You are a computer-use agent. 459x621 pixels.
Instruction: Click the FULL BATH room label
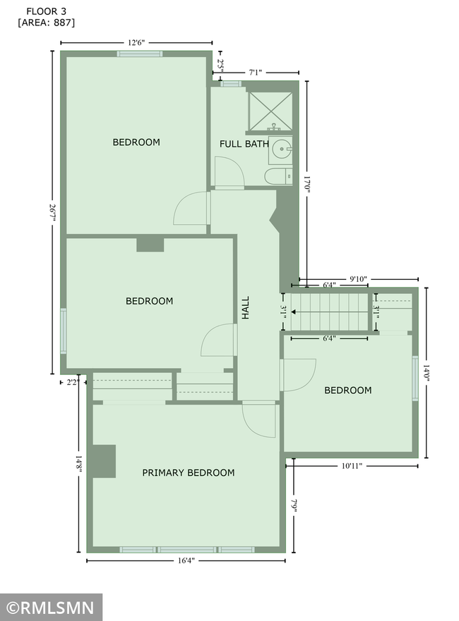244,144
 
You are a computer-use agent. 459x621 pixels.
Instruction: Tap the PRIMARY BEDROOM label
189,472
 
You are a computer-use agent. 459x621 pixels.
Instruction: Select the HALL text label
246,308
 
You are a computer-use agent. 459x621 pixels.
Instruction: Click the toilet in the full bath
278,176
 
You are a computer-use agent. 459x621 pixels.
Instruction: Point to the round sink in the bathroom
281,149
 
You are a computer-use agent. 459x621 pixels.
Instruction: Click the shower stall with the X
270,111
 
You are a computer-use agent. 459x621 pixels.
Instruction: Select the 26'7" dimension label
52,213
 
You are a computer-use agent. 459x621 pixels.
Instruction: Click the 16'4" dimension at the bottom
186,560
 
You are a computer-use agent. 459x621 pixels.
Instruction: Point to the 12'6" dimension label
136,43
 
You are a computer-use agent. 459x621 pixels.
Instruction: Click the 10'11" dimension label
352,466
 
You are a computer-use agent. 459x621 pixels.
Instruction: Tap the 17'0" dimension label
307,184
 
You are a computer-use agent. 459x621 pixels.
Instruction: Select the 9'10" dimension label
358,279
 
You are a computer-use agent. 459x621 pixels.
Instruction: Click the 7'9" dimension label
294,505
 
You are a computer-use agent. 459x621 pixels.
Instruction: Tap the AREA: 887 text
47,23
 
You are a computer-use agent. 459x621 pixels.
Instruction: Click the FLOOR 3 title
47,11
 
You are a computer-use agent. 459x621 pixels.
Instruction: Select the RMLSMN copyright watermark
51,608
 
